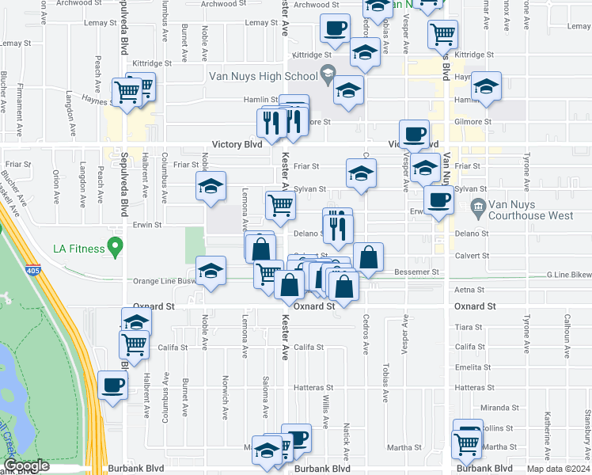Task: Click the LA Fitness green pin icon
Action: click(x=116, y=249)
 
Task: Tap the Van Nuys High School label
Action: click(x=262, y=77)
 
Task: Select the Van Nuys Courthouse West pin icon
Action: click(x=477, y=209)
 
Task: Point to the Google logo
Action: click(x=26, y=466)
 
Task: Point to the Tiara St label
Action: click(x=469, y=327)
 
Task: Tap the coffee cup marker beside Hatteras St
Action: click(x=111, y=386)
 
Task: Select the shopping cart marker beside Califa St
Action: click(x=135, y=344)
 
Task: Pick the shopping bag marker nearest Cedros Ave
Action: click(x=368, y=256)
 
